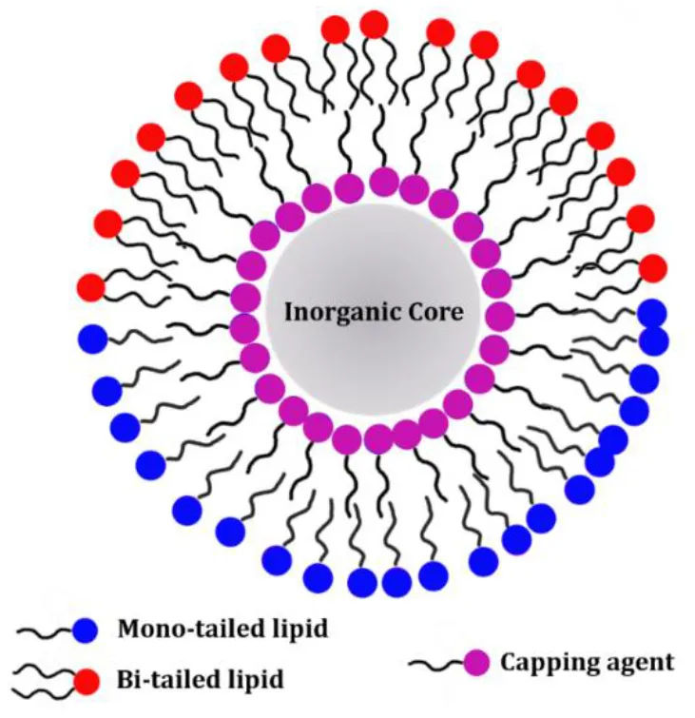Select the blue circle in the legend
pos(86,630)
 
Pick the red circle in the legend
pos(87,681)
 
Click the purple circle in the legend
pos(476,662)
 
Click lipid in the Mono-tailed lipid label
pos(300,630)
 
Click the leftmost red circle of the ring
pos(91,287)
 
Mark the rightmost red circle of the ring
pos(653,269)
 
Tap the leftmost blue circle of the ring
pos(93,339)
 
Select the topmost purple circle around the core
pos(384,182)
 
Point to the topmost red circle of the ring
pos(375,25)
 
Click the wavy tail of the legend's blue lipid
pos(45,631)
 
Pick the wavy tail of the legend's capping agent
pos(435,665)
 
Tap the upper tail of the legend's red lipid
pos(44,672)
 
